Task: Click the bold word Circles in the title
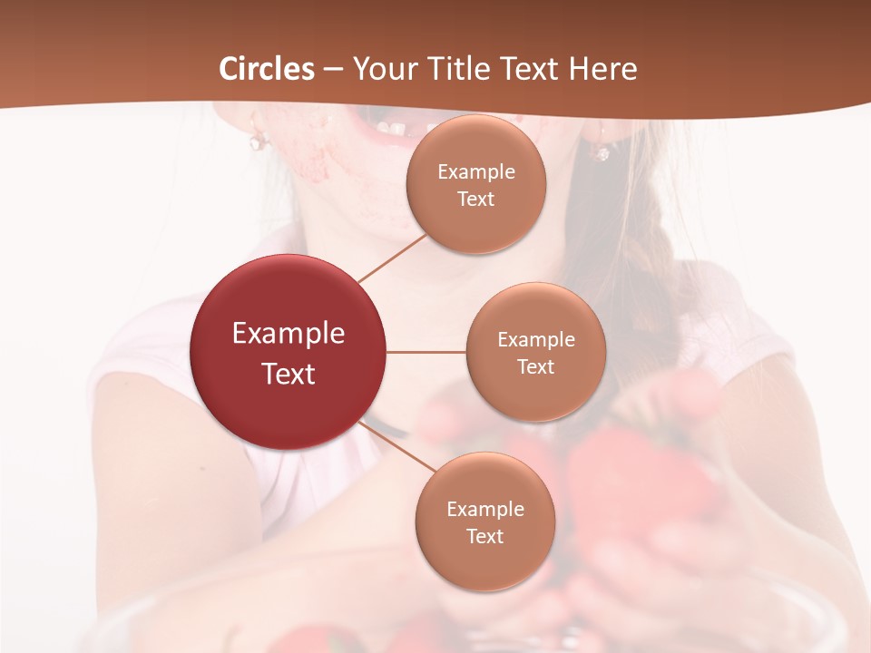(267, 69)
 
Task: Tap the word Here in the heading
(602, 69)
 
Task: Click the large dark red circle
(289, 352)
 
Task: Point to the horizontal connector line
(426, 352)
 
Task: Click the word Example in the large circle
(289, 334)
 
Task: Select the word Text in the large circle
(289, 373)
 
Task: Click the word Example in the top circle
(475, 172)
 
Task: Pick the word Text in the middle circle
(535, 366)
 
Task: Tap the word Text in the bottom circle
(484, 536)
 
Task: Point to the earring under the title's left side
(259, 140)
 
